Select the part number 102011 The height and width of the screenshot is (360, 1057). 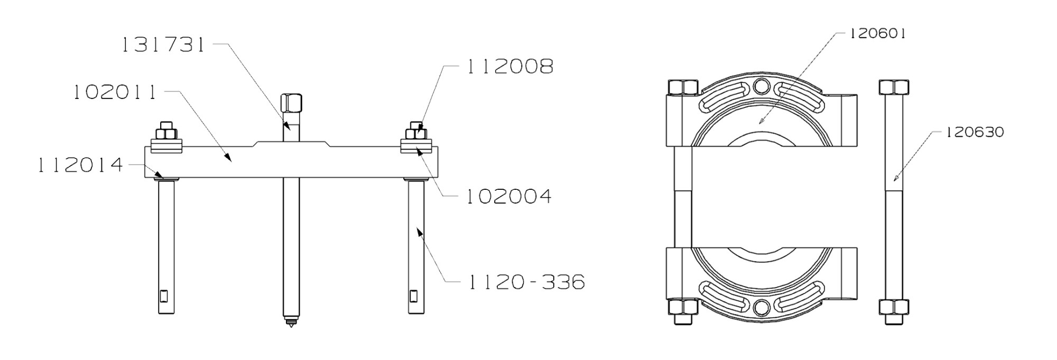[115, 93]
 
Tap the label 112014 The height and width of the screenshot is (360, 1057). [80, 165]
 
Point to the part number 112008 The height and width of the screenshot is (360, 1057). [510, 67]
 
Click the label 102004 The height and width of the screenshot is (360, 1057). [508, 197]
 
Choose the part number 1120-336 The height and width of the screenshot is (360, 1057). [525, 282]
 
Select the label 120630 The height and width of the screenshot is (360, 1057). [974, 132]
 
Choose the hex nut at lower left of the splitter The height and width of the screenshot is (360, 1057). [683, 307]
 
